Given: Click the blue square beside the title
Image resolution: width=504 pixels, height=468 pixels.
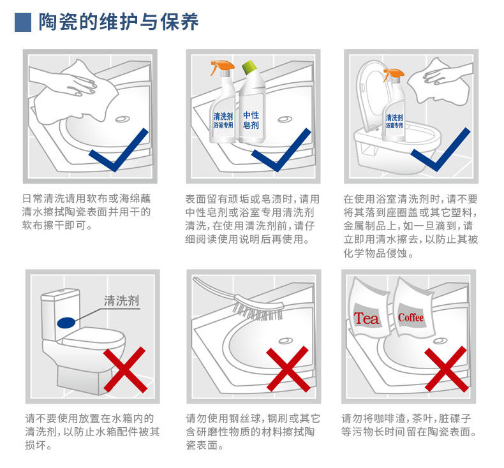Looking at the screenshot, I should [23, 22].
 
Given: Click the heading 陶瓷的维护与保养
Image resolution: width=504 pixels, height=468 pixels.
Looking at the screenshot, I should [119, 22].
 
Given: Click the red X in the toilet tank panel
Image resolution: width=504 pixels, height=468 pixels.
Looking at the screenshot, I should [124, 370].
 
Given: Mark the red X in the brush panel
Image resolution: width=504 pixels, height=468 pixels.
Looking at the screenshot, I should [288, 370].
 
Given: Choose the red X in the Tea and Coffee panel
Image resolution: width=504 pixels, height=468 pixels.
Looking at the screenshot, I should [446, 369].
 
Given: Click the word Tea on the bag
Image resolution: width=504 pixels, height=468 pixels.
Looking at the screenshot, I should [366, 318].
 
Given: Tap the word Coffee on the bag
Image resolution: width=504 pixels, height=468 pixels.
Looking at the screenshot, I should [411, 317].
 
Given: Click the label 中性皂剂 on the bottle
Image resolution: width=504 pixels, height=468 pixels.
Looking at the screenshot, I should [251, 119].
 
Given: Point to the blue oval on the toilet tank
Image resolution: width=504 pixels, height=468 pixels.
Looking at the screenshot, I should [66, 323].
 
